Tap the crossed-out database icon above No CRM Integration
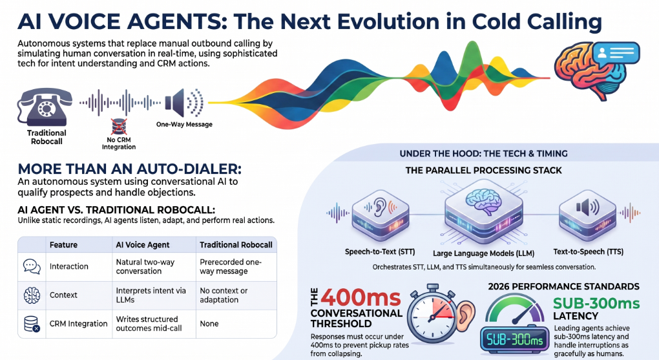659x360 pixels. point(118,127)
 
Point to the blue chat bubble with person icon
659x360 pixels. point(617,53)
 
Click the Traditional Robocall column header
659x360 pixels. point(236,245)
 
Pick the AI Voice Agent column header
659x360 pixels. point(143,245)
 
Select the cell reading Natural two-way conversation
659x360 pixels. point(145,267)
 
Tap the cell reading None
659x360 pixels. point(209,323)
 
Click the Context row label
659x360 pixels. point(63,295)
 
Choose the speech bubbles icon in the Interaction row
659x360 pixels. point(32,267)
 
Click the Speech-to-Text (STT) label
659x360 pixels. point(380,251)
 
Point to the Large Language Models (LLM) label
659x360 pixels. point(484,253)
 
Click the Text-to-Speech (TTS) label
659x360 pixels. point(589,251)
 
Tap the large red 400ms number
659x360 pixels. point(361,298)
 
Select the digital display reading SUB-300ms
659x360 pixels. point(514,339)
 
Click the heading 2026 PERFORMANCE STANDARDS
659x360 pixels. point(563,286)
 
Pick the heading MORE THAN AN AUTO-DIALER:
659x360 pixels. point(129,169)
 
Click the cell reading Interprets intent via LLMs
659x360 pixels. point(151,295)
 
